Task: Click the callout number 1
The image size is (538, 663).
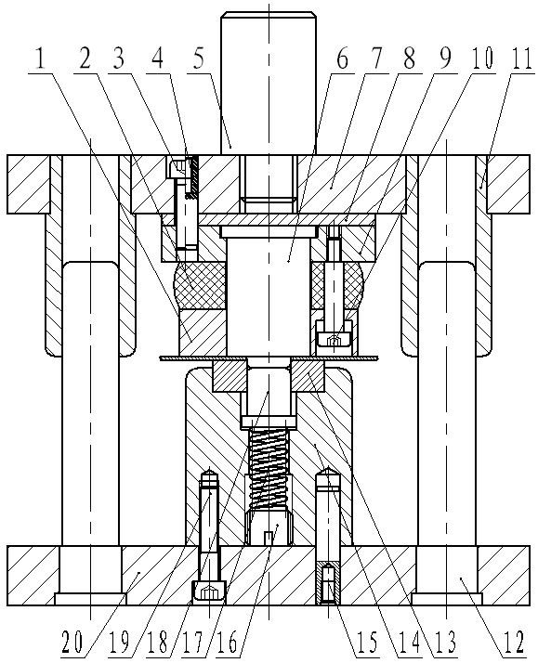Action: (x=41, y=60)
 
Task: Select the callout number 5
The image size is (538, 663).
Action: (x=198, y=60)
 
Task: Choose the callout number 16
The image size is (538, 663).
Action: (x=227, y=642)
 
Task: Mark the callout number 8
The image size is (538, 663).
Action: (x=409, y=59)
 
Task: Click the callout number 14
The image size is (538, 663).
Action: (x=409, y=642)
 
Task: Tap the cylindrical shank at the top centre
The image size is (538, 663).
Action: (x=269, y=83)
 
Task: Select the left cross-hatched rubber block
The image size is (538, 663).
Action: (x=201, y=284)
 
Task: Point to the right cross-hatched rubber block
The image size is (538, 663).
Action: (x=337, y=284)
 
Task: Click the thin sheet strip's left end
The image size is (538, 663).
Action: (x=161, y=358)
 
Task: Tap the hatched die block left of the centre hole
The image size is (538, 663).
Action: (x=230, y=376)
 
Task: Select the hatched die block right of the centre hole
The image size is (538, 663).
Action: (x=308, y=376)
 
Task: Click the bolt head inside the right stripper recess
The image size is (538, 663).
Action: (x=335, y=337)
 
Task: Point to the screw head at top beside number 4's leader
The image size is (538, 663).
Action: (x=177, y=168)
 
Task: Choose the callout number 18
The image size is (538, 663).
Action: (x=158, y=642)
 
